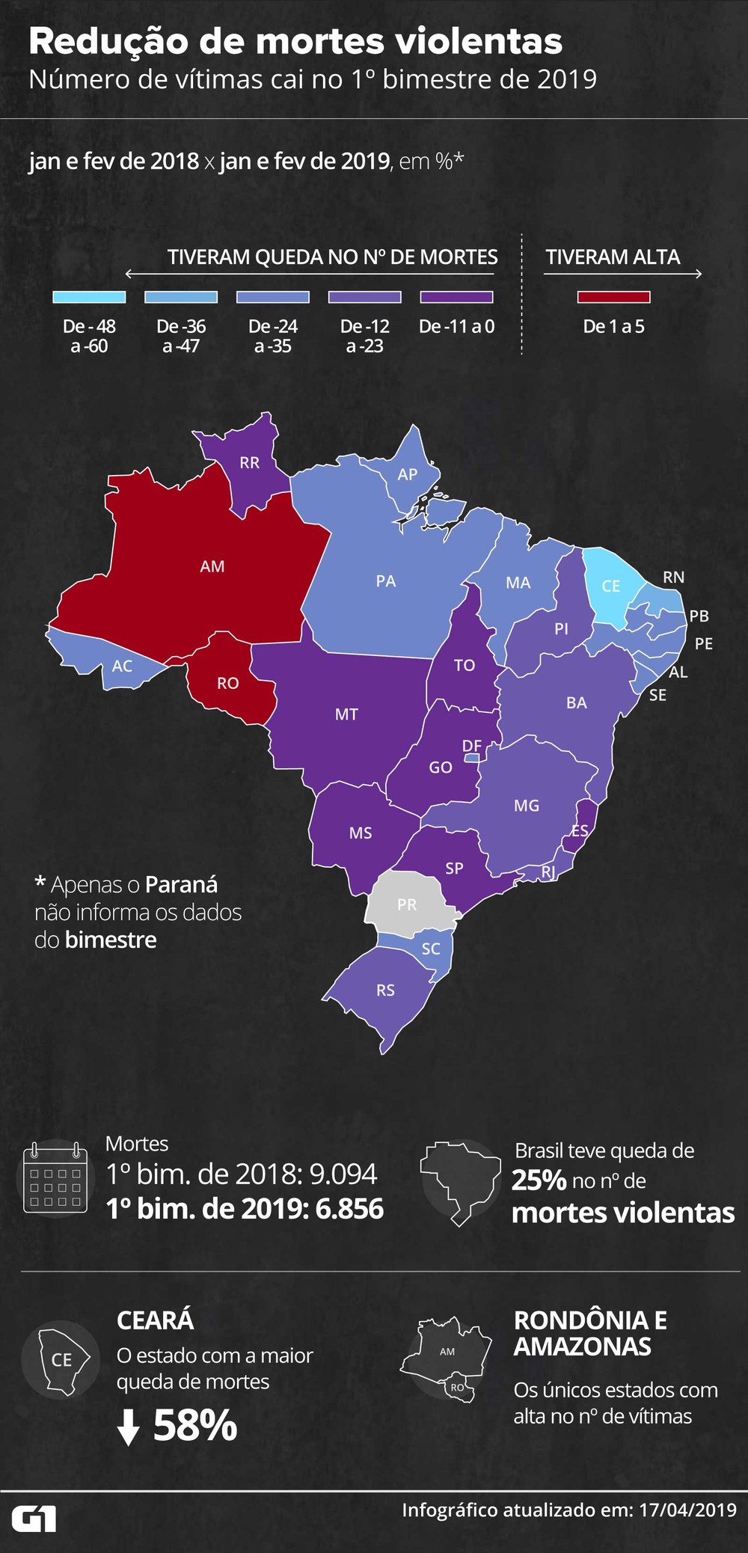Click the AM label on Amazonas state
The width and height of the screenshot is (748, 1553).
212,567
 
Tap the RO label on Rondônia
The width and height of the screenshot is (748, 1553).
228,683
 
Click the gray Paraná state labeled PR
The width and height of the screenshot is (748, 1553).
407,904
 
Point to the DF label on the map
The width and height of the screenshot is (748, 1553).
472,746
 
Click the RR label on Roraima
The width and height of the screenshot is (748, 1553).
250,463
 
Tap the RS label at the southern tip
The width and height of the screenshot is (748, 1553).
385,990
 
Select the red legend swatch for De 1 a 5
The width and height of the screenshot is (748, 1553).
613,297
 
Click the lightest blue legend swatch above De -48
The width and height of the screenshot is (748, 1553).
89,297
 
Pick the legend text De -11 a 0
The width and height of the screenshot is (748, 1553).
456,327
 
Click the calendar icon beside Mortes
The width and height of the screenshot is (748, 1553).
56,1177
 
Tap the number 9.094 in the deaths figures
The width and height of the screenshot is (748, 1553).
343,1174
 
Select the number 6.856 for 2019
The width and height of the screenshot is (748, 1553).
349,1209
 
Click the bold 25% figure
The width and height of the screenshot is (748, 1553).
539,1180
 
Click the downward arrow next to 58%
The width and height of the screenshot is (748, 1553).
129,1427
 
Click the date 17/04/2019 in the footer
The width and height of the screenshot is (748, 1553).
687,1510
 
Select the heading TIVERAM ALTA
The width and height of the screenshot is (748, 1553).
613,257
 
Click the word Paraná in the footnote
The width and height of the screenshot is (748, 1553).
182,885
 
